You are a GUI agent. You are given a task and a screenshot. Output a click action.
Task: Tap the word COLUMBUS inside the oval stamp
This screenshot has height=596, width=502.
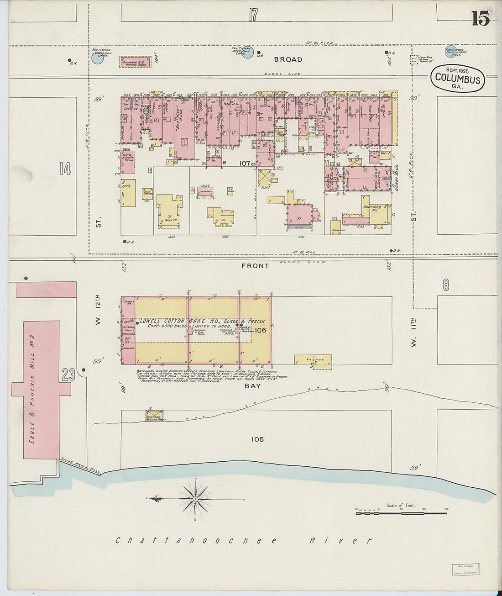point(457,79)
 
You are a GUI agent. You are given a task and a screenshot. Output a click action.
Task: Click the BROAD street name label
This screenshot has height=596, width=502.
point(288,59)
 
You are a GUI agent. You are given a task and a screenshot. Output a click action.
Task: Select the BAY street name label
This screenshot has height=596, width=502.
point(253,386)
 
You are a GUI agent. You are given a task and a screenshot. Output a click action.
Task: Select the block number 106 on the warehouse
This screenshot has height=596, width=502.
point(260,330)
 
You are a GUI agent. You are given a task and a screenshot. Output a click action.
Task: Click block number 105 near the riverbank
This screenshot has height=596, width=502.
point(257,439)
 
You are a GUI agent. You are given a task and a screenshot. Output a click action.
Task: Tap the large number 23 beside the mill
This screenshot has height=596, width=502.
point(69,375)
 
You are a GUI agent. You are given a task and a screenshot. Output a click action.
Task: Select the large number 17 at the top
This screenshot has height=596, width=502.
point(253,15)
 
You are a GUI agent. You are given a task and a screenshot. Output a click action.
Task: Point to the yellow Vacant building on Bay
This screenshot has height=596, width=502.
point(313,361)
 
